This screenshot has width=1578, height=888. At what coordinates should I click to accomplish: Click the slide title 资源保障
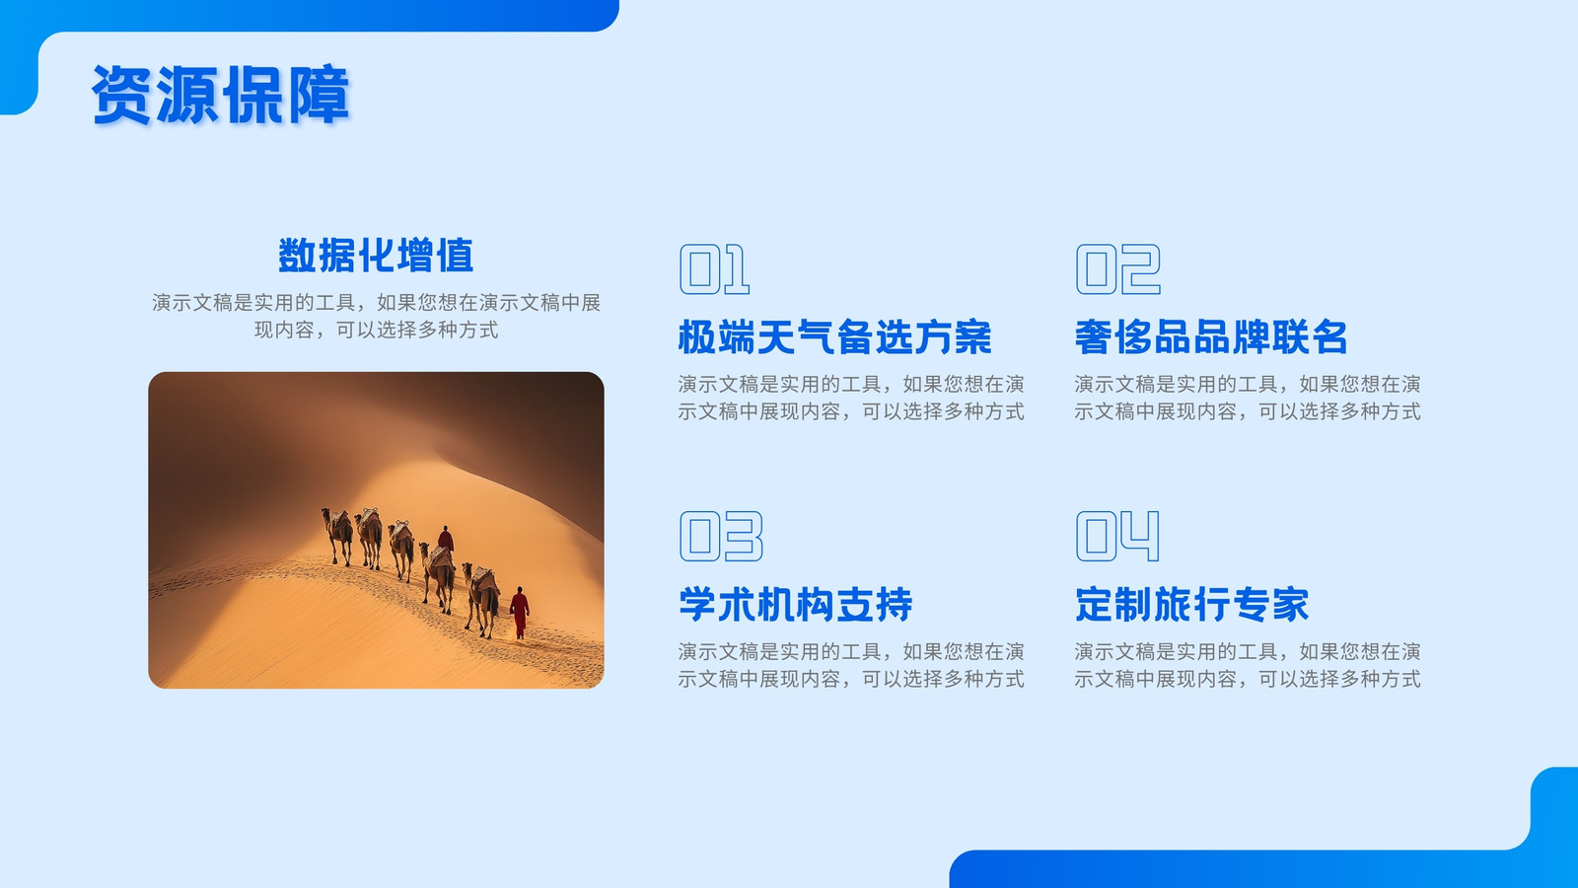coord(221,95)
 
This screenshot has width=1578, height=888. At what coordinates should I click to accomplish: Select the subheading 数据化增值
coord(376,256)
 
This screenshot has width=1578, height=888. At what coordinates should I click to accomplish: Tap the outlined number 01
coord(714,269)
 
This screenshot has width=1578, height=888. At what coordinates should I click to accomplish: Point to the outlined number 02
coord(1118,269)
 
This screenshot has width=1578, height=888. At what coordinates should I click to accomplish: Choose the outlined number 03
coord(721,537)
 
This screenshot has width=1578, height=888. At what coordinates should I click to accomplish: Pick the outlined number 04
coord(1117,537)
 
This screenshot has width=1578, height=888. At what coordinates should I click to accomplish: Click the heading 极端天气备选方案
coord(834,336)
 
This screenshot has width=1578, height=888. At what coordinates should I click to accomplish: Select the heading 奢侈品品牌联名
coord(1211,336)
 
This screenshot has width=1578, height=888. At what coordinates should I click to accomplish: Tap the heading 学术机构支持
coord(795,605)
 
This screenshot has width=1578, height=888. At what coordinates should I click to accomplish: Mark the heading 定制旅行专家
coord(1192,605)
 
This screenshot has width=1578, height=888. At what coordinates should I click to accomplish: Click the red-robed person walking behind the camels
coord(520,612)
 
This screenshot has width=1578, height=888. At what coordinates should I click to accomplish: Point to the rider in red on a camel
coord(445,539)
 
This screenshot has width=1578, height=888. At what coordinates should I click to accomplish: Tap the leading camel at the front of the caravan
coord(339,535)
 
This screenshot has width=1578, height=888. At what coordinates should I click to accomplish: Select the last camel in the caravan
coord(482,598)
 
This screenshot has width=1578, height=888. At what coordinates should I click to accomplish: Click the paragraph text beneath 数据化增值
coord(376,316)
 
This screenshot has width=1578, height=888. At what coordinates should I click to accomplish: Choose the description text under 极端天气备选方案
coord(851,398)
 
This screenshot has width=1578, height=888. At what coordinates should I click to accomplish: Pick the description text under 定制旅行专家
coord(1248,665)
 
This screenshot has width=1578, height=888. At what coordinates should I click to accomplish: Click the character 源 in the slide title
coord(187,95)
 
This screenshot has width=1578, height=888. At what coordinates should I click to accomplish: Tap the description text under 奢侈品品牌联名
coord(1248,398)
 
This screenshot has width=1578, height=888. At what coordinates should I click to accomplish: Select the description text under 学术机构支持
coord(851,665)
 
